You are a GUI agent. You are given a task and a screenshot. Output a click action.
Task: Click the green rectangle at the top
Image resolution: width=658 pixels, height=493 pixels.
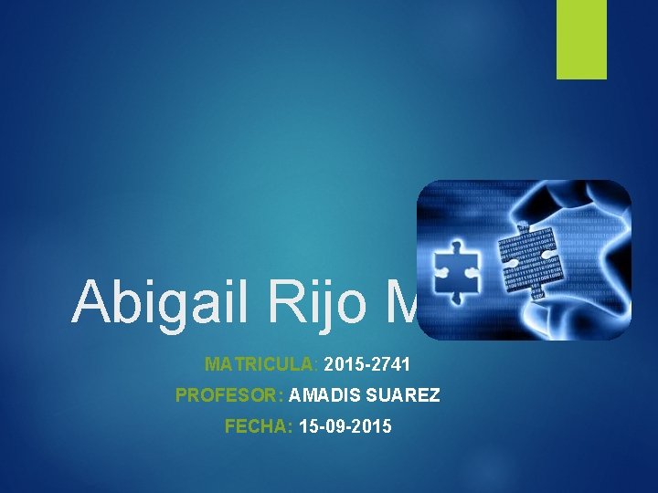pyautogui.click(x=582, y=39)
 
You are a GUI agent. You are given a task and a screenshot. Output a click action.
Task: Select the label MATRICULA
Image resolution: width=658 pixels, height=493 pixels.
pyautogui.click(x=260, y=364)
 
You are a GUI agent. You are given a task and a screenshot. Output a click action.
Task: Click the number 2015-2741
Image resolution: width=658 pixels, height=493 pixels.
pyautogui.click(x=366, y=364)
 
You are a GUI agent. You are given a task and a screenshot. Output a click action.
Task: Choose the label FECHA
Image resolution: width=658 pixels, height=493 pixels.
pyautogui.click(x=256, y=426)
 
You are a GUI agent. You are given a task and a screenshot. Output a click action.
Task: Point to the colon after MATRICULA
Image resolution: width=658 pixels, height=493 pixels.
pyautogui.click(x=316, y=365)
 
